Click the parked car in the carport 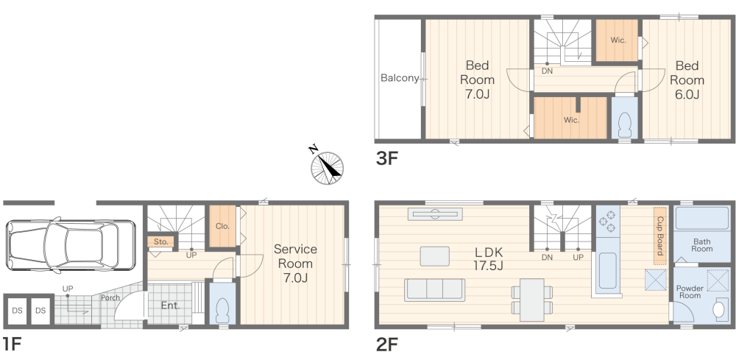(71, 244)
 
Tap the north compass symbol (327, 166)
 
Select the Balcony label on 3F (399, 78)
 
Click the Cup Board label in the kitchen (660, 236)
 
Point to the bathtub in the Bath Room (701, 218)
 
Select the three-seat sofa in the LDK (435, 289)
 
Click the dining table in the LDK (532, 300)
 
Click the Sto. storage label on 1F (161, 242)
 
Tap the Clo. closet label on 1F (222, 226)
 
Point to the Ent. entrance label (171, 306)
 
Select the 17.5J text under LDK (488, 266)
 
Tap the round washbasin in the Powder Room (718, 310)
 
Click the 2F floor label (387, 345)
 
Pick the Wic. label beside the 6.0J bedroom (618, 40)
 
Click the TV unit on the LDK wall (435, 214)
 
